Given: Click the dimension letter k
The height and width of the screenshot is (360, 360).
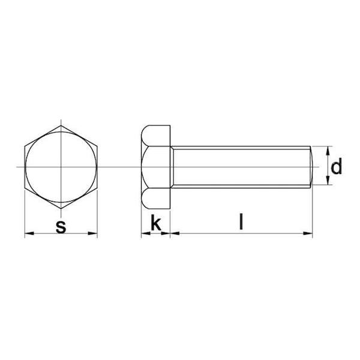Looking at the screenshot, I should tap(155, 223).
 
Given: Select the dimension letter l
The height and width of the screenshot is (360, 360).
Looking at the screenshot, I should tap(241, 223).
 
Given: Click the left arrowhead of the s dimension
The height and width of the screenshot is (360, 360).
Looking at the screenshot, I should tap(28, 233).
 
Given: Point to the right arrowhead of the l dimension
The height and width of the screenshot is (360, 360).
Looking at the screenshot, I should tap(309, 233).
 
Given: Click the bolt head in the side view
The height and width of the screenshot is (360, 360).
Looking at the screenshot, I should tap(156, 167).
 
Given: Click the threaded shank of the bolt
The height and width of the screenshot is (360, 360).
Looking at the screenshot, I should tap(240, 167).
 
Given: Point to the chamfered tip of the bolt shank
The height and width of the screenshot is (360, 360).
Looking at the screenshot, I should tap(311, 167).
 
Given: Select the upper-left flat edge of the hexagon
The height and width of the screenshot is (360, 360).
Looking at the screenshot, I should tap(42, 135).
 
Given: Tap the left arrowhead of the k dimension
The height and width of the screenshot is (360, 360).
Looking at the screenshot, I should tap(145, 233).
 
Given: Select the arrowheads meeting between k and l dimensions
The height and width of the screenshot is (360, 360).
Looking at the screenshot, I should tap(170, 233).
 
